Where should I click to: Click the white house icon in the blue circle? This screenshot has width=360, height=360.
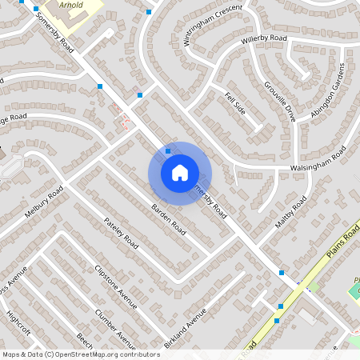click(180, 172)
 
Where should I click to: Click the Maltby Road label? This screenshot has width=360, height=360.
click(290, 211)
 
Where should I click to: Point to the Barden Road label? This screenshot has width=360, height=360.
click(168, 220)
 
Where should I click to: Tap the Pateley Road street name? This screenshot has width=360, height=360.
click(122, 231)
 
